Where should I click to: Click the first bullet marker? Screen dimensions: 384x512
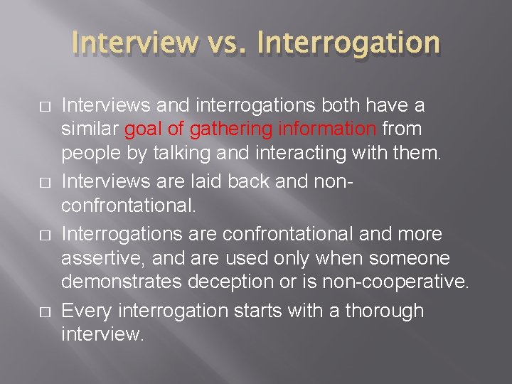(x=45, y=107)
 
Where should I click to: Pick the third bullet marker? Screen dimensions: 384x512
(x=45, y=235)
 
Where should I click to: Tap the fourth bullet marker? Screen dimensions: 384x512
(x=45, y=311)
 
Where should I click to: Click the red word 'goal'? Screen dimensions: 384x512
(x=141, y=129)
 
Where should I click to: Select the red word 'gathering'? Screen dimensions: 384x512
(x=222, y=129)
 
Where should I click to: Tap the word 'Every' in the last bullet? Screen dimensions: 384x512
(x=87, y=311)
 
